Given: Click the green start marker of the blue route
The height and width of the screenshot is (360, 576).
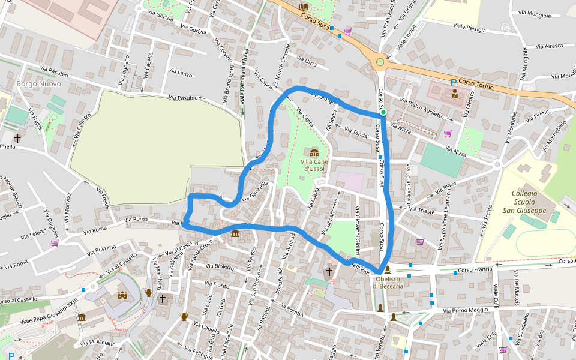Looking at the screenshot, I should (x=383, y=112).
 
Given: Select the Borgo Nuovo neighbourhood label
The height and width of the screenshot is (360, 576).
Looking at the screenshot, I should (x=35, y=84).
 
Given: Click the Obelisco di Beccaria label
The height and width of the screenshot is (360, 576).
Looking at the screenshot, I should (x=388, y=282).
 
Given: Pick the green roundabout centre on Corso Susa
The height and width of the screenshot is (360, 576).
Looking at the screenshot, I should (x=380, y=62).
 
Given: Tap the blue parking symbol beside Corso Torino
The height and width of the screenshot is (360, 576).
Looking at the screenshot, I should (x=454, y=83).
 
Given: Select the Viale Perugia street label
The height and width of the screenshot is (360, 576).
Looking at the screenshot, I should (x=470, y=27).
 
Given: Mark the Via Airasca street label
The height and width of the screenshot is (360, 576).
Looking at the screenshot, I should (x=550, y=46).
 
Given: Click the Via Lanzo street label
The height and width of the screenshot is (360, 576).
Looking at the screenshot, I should (x=181, y=73).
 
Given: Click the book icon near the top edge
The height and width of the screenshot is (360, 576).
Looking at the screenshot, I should (x=304, y=7).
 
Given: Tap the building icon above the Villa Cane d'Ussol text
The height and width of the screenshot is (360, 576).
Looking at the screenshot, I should (x=314, y=152).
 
